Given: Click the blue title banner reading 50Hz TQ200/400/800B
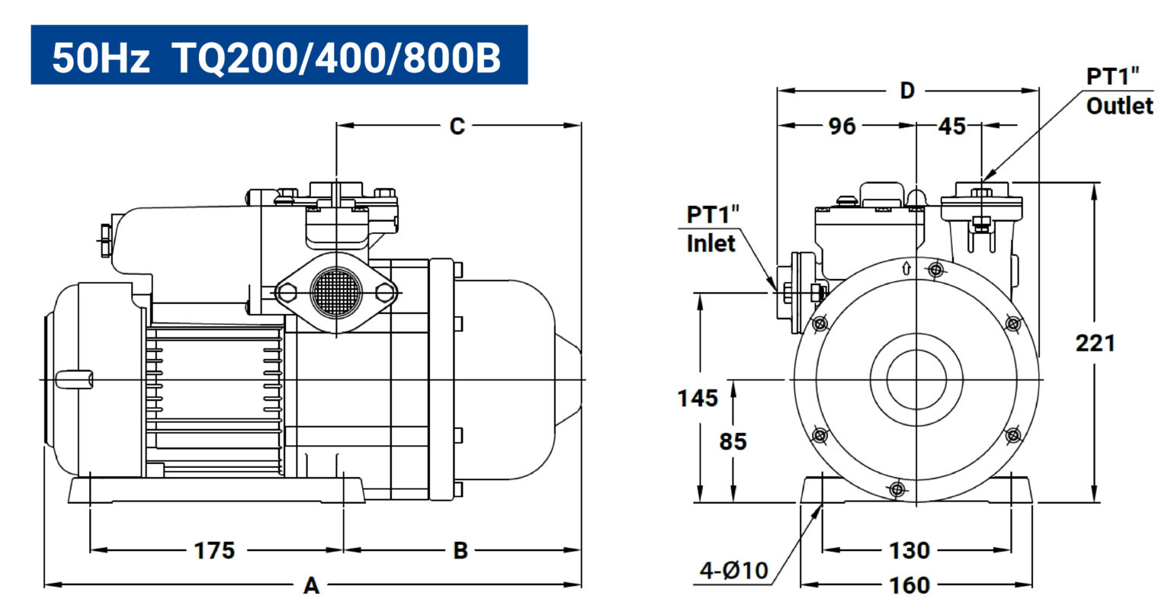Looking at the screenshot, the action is point(279,55).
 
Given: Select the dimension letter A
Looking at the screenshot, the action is point(312,586).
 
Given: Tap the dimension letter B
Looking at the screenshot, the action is point(460,551).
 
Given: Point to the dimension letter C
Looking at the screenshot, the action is point(457,126).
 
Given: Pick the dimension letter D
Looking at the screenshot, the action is point(907,91).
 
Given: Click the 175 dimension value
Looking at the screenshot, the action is point(214,551).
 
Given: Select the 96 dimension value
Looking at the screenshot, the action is point(842,126).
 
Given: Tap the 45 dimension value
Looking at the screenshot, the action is point(952,126).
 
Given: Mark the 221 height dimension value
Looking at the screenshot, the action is point(1096,343).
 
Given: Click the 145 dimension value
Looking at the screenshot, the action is point(698,398).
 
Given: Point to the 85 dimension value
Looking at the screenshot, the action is point(733,441).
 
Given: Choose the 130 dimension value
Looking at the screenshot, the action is point(910,551).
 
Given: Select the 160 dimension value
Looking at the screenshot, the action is point(910,585).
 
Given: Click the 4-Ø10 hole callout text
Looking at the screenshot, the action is point(734,571).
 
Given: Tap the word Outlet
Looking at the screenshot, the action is point(1120,106).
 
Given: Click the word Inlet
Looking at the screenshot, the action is point(711,244).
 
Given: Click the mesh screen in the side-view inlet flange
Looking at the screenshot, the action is point(335,293).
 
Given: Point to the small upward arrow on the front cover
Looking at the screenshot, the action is point(906,268).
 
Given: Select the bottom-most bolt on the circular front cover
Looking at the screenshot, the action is point(897,489).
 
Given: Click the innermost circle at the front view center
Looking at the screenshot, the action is point(916,380).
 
